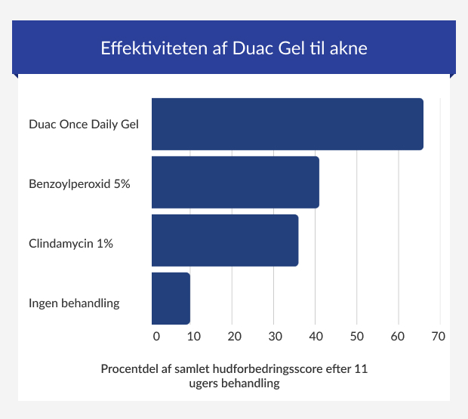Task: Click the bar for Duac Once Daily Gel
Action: [x=287, y=124]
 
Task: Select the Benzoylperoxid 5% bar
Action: [x=235, y=182]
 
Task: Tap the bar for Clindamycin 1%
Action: [x=225, y=240]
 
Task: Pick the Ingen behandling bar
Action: [x=171, y=298]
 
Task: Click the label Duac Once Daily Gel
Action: [x=84, y=124]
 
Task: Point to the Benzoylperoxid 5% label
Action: [x=79, y=183]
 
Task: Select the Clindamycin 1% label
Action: [x=71, y=244]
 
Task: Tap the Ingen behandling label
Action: [x=74, y=303]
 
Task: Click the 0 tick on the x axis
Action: [x=156, y=335]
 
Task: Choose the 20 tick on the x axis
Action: [x=235, y=335]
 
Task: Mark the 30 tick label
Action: [x=276, y=335]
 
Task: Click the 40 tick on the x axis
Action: [x=316, y=335]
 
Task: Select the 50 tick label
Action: [x=357, y=335]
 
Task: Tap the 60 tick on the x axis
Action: [x=398, y=335]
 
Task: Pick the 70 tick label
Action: [x=439, y=335]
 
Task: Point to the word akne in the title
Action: [x=348, y=49]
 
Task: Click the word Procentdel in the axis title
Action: [x=130, y=370]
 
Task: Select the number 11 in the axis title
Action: [x=361, y=370]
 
